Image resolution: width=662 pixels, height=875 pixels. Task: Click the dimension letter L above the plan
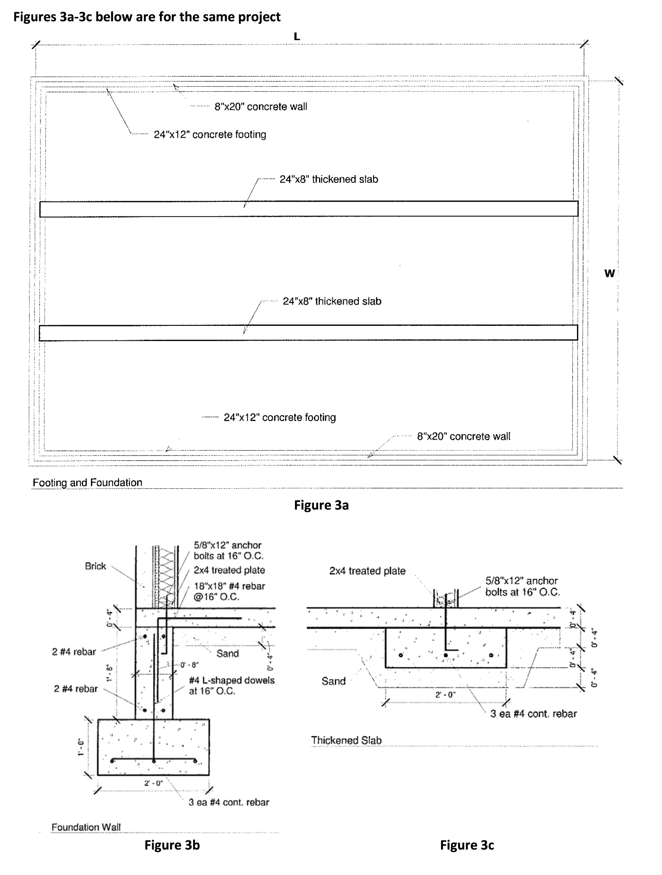click(297, 37)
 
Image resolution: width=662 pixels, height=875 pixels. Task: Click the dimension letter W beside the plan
click(610, 273)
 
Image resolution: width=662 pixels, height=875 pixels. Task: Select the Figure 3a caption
click(321, 505)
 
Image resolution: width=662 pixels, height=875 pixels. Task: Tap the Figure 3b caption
click(172, 845)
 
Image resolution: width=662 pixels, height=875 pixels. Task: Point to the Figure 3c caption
click(467, 845)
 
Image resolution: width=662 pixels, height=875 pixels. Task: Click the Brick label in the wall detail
click(95, 566)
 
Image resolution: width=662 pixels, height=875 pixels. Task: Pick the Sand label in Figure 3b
click(227, 653)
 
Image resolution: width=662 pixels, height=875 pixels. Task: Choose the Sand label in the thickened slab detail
click(333, 681)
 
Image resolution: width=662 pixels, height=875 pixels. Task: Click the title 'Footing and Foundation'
click(87, 483)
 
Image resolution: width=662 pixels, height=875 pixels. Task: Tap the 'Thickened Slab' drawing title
click(346, 740)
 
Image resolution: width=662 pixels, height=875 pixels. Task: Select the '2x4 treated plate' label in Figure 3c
click(367, 571)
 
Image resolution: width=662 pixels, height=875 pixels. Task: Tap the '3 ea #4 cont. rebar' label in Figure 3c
click(533, 714)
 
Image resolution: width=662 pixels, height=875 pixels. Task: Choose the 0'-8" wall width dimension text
click(189, 665)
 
